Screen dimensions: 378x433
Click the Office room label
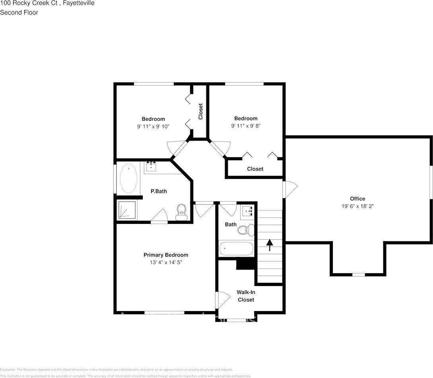click(x=357, y=199)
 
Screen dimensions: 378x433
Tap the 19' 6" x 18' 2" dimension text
click(x=357, y=206)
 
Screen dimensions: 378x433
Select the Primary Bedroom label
click(x=165, y=255)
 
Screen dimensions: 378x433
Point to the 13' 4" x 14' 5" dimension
click(x=165, y=262)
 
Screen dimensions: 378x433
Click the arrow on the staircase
click(x=270, y=245)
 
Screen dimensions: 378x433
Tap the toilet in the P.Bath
click(x=181, y=212)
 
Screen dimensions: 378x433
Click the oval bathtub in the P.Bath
click(x=128, y=178)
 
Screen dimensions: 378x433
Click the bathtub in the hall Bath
click(x=236, y=249)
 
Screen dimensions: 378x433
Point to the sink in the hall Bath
click(x=247, y=211)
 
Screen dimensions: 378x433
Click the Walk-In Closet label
click(x=246, y=296)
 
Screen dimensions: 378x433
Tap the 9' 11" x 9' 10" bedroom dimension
click(x=153, y=127)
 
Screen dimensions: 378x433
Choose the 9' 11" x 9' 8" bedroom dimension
click(x=246, y=126)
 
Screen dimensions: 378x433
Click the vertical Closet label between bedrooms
click(x=200, y=112)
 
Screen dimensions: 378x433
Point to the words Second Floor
click(x=19, y=12)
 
